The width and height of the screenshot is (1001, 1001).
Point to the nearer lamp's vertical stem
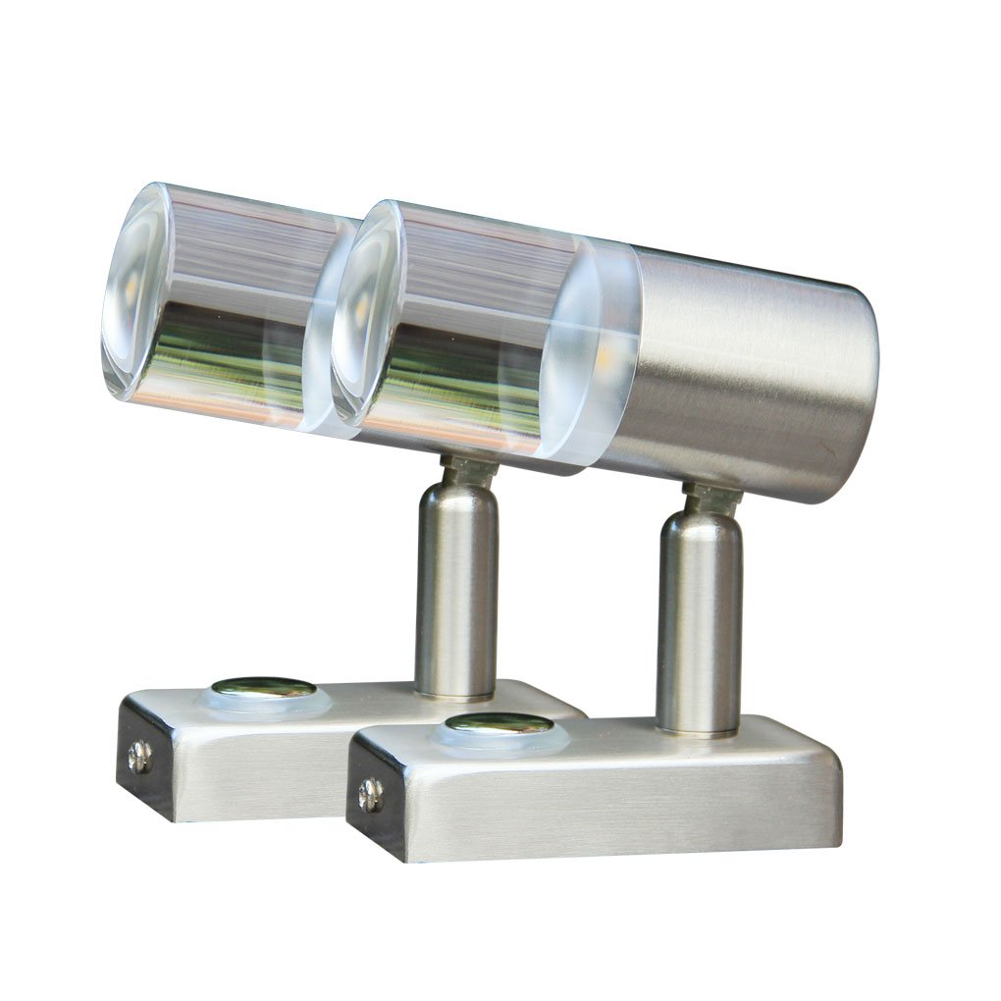coord(699,628)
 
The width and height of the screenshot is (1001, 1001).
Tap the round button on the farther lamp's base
coord(264,688)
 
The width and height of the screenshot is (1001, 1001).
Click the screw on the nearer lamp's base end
coord(370,793)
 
